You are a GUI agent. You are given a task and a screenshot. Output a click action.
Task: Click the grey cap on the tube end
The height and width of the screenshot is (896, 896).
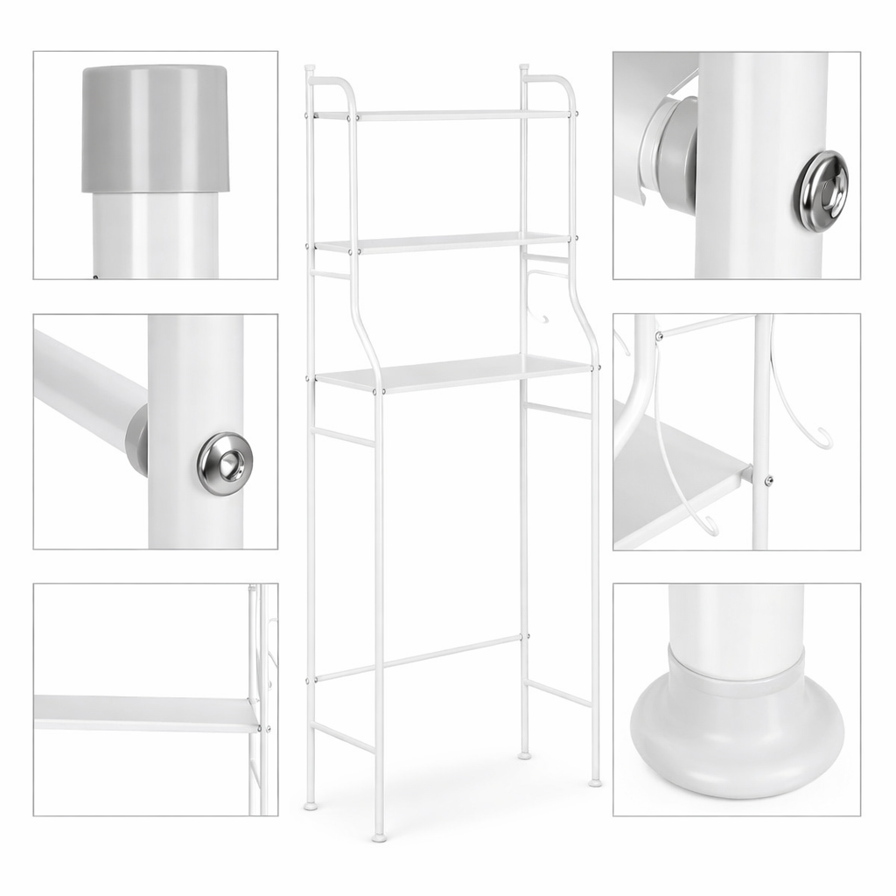(156, 128)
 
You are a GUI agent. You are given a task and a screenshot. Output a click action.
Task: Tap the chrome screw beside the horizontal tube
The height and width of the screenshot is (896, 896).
(225, 464)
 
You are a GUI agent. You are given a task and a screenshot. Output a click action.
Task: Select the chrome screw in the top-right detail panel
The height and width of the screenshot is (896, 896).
(821, 191)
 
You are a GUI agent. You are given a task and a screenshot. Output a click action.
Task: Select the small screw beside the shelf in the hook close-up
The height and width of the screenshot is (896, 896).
(768, 479)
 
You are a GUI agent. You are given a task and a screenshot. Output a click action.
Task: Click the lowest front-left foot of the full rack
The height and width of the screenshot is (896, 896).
(379, 837)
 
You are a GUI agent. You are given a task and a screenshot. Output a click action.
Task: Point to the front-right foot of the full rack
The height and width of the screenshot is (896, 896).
(595, 781)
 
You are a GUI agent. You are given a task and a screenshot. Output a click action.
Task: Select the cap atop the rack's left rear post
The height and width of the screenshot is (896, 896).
(309, 68)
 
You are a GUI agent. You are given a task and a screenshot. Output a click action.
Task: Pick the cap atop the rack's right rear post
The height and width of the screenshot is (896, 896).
(524, 67)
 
